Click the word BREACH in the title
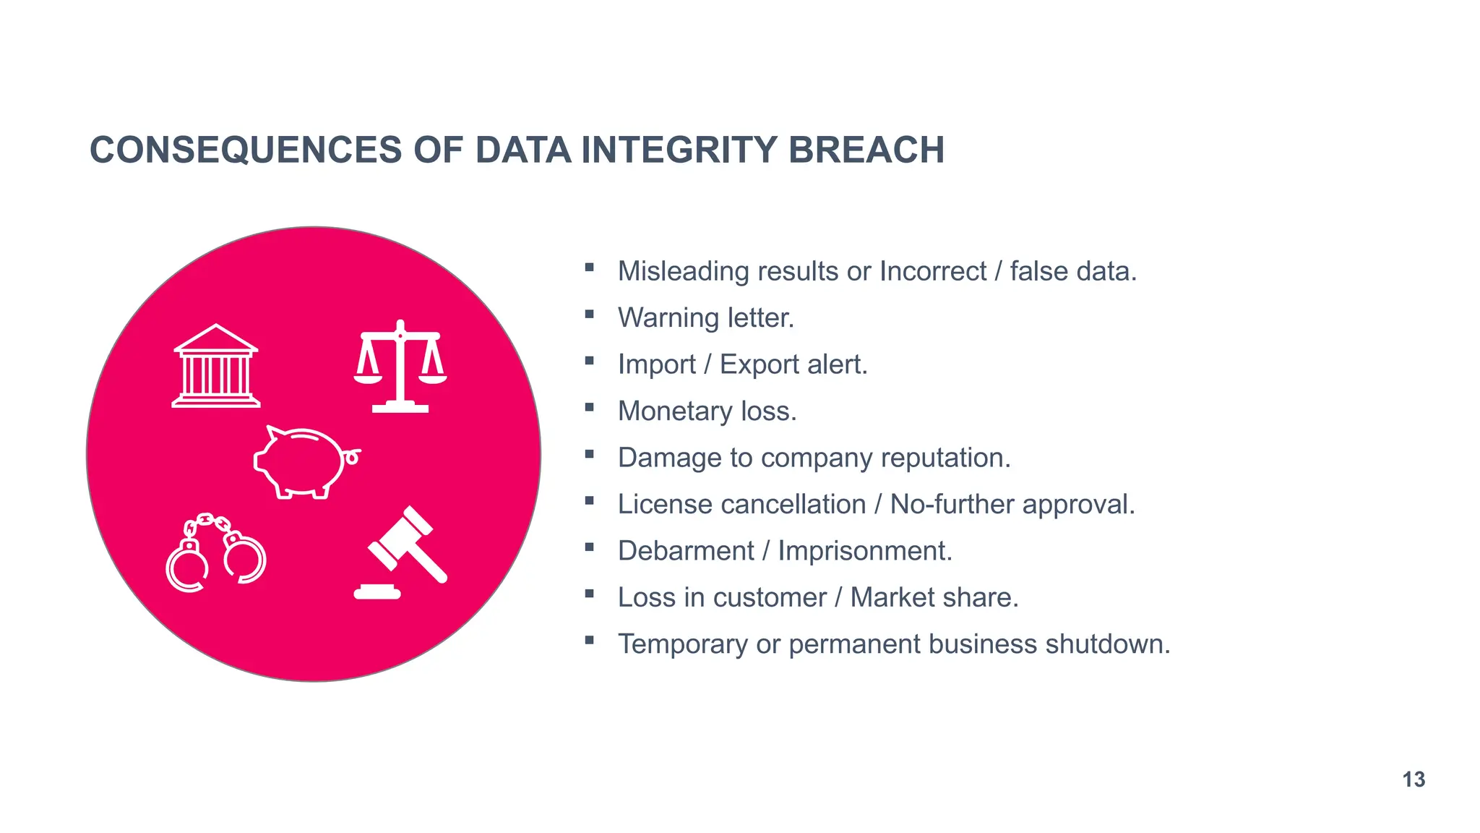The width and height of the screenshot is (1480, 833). click(x=866, y=150)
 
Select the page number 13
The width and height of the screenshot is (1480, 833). click(x=1414, y=779)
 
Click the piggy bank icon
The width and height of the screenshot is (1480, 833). click(x=305, y=462)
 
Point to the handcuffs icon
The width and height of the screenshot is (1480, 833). click(x=215, y=553)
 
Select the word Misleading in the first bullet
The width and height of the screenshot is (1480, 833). click(x=684, y=272)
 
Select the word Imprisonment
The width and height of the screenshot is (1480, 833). click(x=864, y=552)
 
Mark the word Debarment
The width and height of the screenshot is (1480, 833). click(x=686, y=552)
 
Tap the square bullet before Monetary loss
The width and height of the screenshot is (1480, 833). click(x=590, y=408)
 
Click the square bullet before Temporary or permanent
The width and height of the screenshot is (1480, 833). click(x=590, y=640)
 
